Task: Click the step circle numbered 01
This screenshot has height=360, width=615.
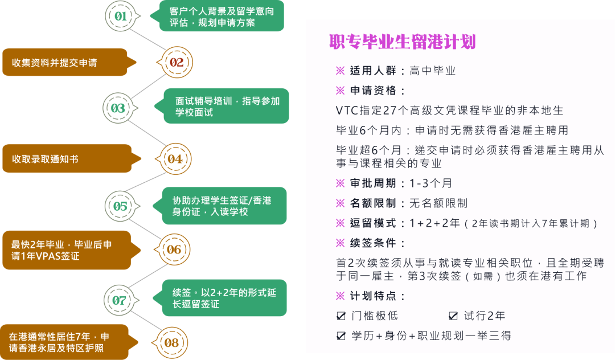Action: pyautogui.click(x=121, y=16)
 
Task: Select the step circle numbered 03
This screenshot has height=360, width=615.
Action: pyautogui.click(x=118, y=108)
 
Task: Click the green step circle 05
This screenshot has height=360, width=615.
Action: pyautogui.click(x=120, y=206)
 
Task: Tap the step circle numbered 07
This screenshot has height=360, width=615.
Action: pyautogui.click(x=119, y=300)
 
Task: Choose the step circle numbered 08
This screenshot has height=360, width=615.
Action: pyautogui.click(x=171, y=342)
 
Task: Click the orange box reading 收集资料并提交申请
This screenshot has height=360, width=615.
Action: pyautogui.click(x=64, y=62)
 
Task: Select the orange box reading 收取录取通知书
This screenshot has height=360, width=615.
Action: pyautogui.click(x=64, y=159)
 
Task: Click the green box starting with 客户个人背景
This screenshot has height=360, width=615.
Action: pyautogui.click(x=223, y=17)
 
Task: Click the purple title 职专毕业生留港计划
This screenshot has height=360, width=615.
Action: pyautogui.click(x=403, y=42)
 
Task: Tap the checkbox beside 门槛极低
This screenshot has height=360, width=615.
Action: pyautogui.click(x=341, y=316)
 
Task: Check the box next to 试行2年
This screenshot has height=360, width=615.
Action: pyautogui.click(x=453, y=316)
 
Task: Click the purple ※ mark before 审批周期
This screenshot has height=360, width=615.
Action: pyautogui.click(x=341, y=183)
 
